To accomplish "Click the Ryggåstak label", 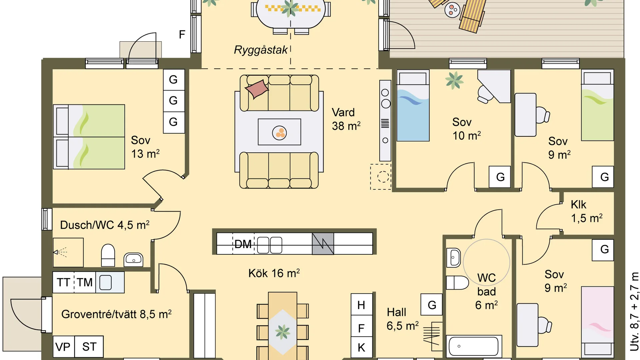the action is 261,50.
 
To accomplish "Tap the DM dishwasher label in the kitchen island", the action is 243,244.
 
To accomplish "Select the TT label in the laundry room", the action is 63,282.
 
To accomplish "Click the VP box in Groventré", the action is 63,347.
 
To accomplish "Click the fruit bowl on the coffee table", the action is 280,133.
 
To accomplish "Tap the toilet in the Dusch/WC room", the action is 108,255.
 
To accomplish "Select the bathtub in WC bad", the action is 474,346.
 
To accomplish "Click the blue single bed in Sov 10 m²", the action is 413,106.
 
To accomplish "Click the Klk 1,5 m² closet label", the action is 587,211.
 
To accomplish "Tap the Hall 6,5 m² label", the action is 402,319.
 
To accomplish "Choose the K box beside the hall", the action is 361,347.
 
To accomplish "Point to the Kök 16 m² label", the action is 274,273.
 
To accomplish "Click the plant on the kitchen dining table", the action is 283,332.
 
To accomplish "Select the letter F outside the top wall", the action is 182,34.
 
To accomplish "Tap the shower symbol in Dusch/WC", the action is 60,252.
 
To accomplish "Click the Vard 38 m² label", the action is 346,119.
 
